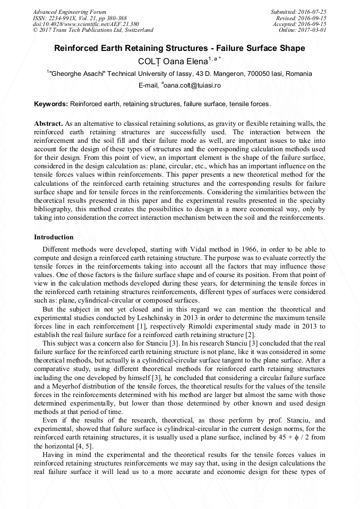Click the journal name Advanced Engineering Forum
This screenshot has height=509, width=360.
pyautogui.click(x=70, y=12)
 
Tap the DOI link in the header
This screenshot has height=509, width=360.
pyautogui.click(x=86, y=24)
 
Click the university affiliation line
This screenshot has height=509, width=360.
pyautogui.click(x=179, y=74)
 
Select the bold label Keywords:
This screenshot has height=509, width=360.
pyautogui.click(x=51, y=104)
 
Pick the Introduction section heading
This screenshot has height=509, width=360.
pyautogui.click(x=54, y=237)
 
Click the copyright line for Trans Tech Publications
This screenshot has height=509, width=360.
pyautogui.click(x=93, y=30)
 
